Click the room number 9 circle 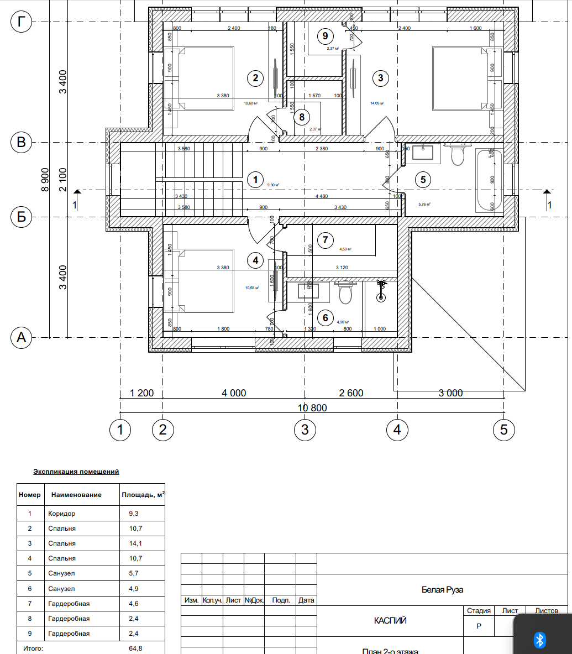point(326,36)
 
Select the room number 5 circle point(423,179)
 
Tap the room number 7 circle point(326,239)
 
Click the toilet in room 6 point(345,293)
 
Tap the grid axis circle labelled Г point(22,22)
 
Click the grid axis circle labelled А point(22,337)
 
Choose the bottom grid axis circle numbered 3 point(305,430)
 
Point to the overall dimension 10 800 point(312,408)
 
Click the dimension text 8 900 point(45,180)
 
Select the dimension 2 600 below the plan point(351,393)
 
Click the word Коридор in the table point(61,514)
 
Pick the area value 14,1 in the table point(135,543)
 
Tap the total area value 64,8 point(135,648)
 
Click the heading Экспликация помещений point(76,472)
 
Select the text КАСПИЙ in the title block point(390,620)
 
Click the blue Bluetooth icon point(540,640)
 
